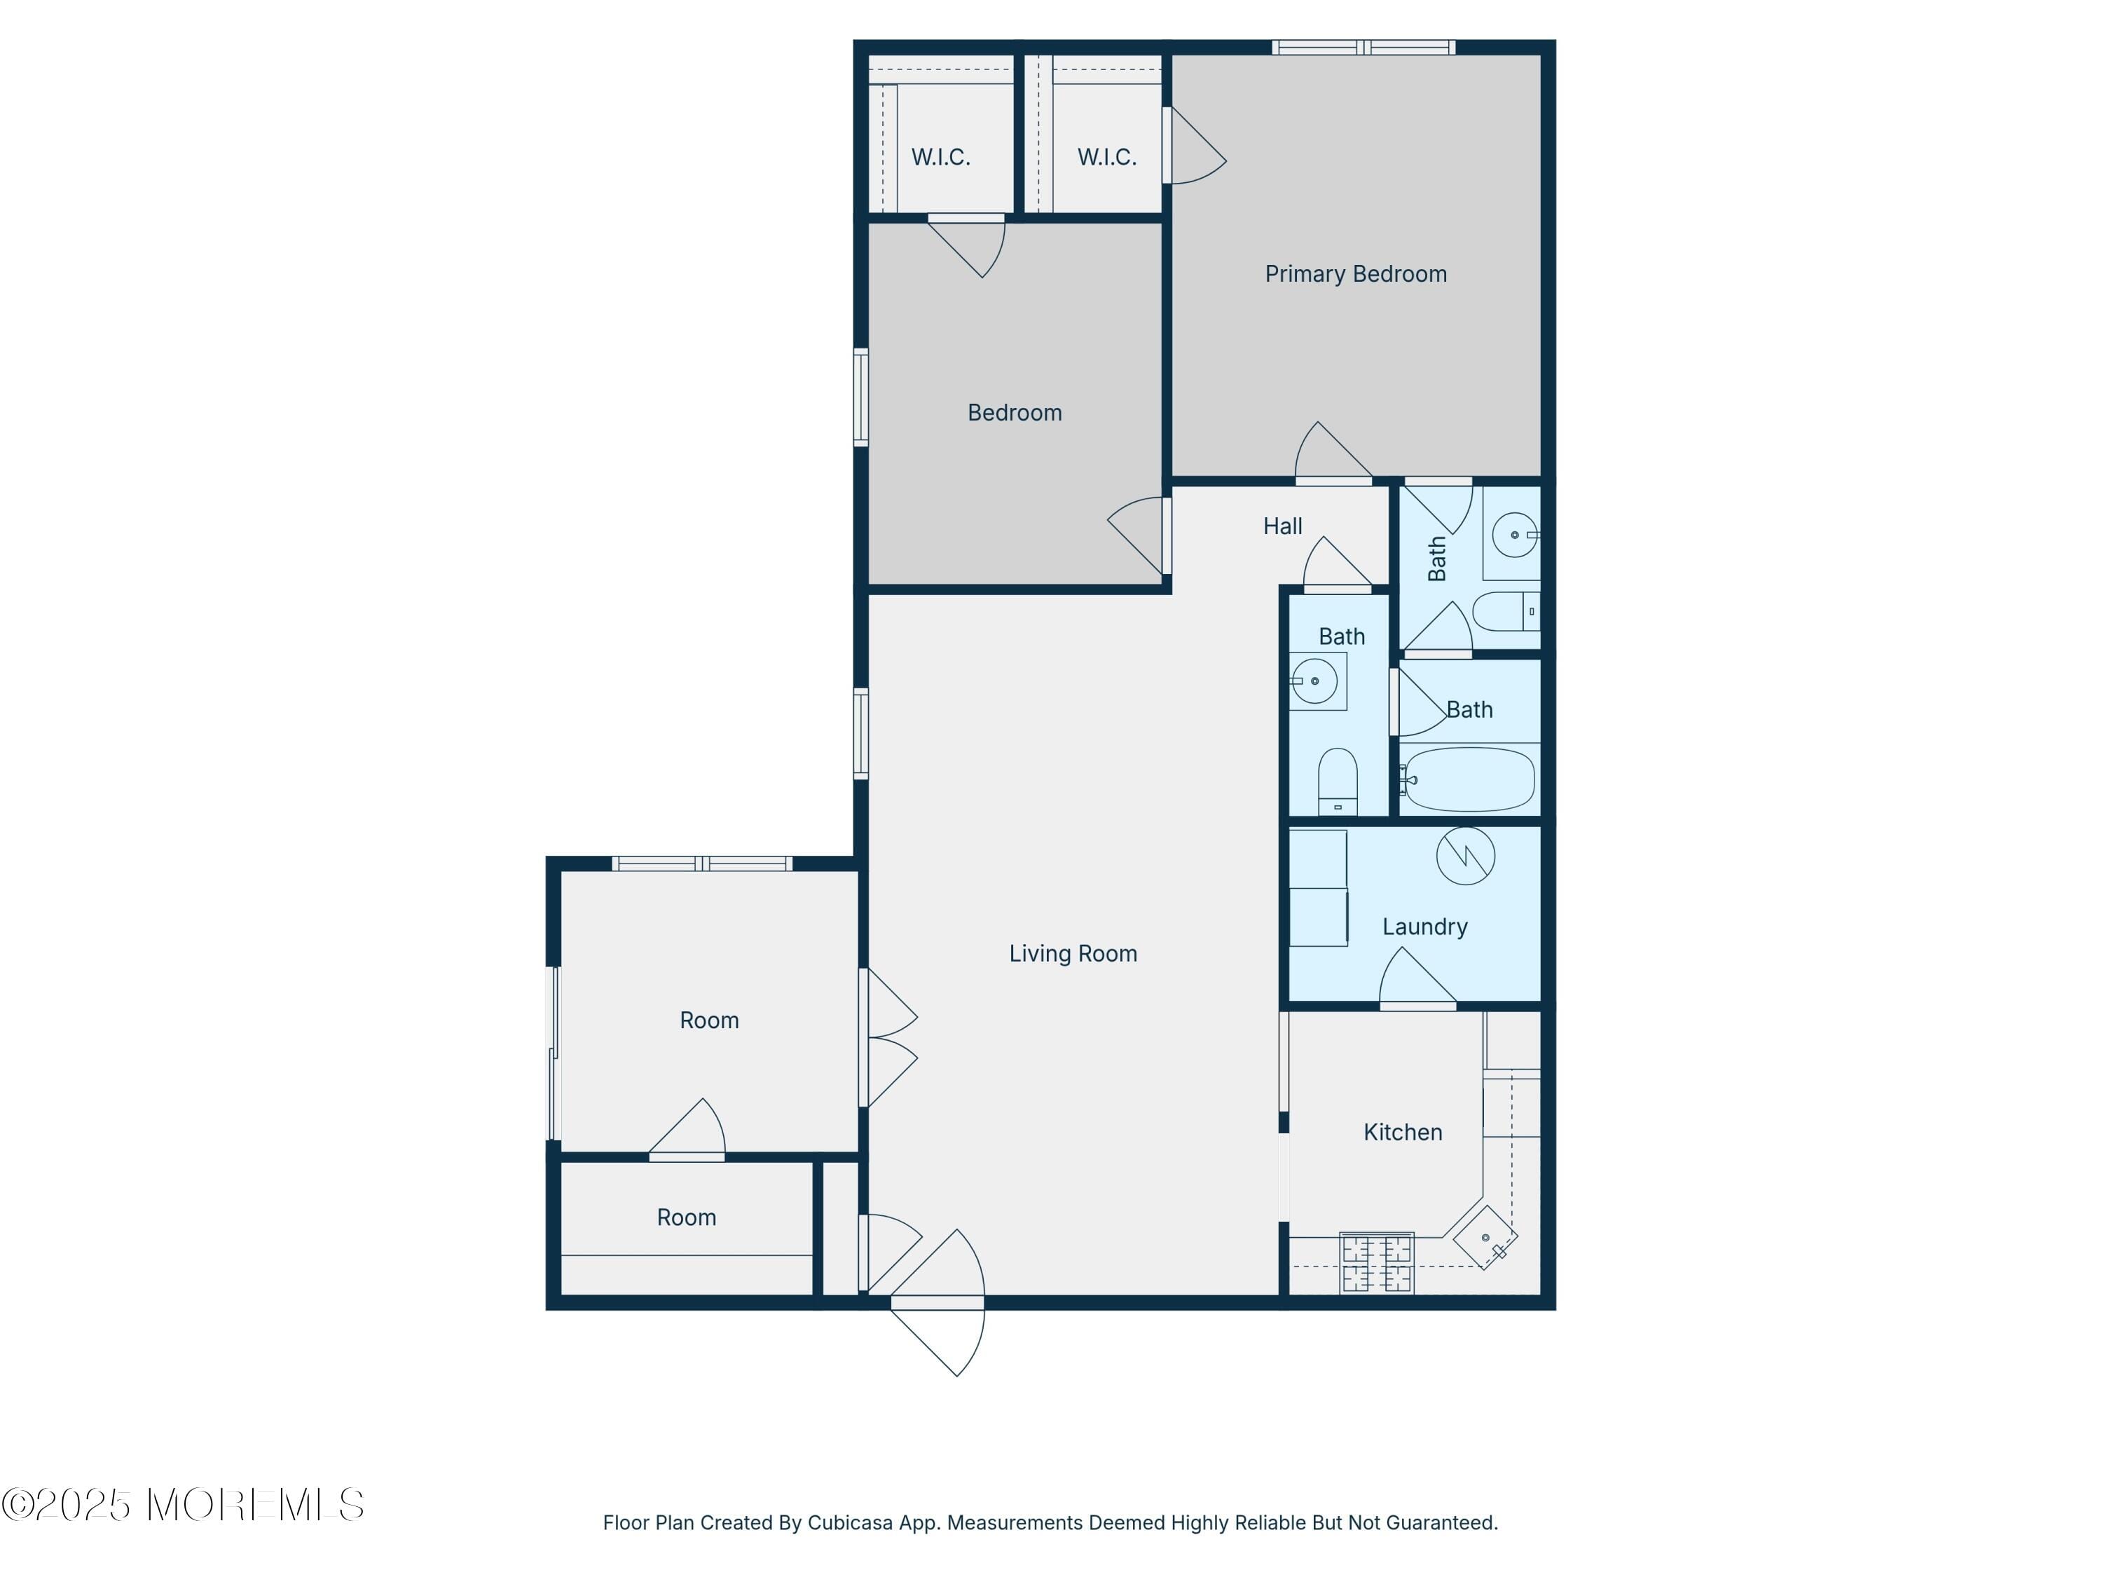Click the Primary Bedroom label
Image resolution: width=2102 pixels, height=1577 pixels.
click(x=1355, y=274)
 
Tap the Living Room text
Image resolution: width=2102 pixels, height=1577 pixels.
click(x=1073, y=953)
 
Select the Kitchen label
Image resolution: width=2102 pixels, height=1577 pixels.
click(x=1403, y=1132)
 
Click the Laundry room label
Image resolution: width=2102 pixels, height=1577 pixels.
click(x=1424, y=927)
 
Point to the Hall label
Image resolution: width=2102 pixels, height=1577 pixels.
click(x=1282, y=526)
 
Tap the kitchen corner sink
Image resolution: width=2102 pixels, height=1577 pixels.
click(x=1486, y=1238)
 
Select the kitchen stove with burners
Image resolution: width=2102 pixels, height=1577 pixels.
click(x=1376, y=1263)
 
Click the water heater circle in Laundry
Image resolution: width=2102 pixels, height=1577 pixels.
click(x=1464, y=856)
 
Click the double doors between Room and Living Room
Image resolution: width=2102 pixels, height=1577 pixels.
click(x=888, y=1037)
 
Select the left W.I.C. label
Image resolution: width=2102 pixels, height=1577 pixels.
click(x=941, y=157)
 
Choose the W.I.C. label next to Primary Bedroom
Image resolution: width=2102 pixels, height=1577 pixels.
click(x=1106, y=157)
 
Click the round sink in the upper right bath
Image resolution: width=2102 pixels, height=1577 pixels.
click(x=1513, y=534)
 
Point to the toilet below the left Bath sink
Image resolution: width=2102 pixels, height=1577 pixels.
click(x=1337, y=782)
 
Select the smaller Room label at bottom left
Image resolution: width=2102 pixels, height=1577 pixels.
click(x=686, y=1217)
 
